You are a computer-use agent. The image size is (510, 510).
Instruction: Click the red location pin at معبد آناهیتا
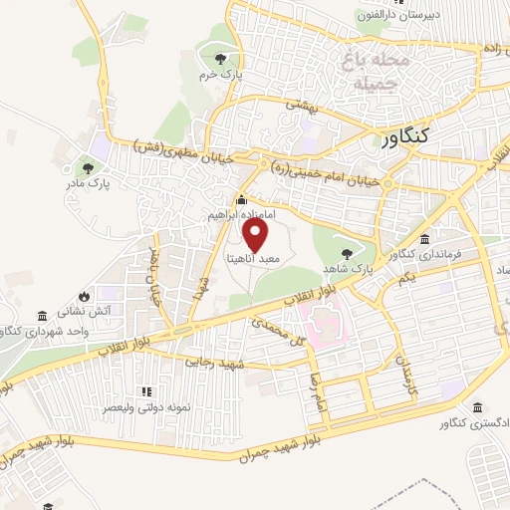(x=256, y=235)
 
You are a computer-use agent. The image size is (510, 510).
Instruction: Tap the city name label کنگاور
(x=409, y=139)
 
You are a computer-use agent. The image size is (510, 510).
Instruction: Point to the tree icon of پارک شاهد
(x=347, y=253)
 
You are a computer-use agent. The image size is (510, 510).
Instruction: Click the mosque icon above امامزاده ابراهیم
(x=241, y=202)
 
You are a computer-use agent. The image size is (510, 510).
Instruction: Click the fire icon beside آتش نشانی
(x=84, y=297)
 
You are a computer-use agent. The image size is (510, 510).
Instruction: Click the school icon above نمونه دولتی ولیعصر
(x=146, y=391)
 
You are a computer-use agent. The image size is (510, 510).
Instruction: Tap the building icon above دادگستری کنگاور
(x=479, y=409)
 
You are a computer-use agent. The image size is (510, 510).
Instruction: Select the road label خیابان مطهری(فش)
(x=183, y=151)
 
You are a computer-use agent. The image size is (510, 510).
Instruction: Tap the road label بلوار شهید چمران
(x=269, y=447)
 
